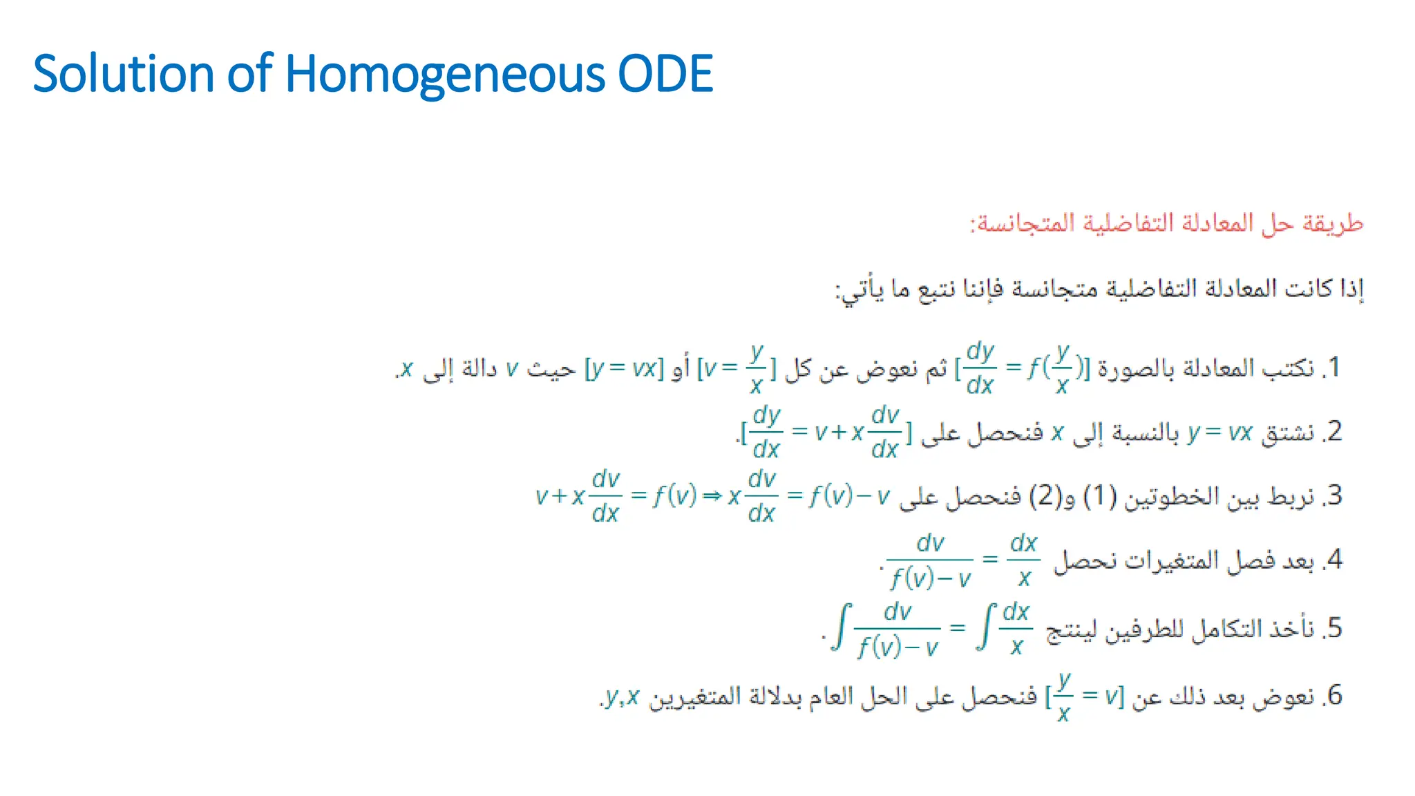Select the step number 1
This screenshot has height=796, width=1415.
click(1334, 367)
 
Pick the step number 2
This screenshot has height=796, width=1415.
click(1334, 431)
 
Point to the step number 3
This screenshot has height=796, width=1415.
click(1334, 495)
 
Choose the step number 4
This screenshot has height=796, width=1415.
click(1334, 559)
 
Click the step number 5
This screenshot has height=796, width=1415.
click(1334, 628)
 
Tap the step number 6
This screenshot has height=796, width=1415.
click(1334, 695)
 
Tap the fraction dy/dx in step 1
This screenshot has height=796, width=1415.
click(980, 368)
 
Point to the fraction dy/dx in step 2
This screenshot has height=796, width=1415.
click(766, 433)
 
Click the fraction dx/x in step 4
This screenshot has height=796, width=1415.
click(1023, 560)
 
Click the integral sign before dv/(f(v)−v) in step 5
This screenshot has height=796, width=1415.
click(841, 627)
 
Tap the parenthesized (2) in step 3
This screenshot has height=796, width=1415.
click(1045, 496)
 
